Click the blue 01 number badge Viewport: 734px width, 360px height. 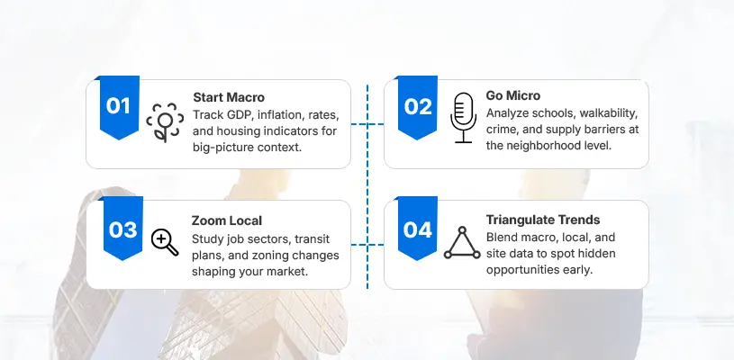118,106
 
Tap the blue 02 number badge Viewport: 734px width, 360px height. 418,106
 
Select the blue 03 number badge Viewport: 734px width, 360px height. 122,229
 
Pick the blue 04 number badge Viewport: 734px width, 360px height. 418,229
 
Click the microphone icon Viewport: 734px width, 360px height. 463,117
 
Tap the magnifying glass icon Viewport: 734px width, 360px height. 165,241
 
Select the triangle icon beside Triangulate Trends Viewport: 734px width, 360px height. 463,241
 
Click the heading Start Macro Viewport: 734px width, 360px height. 229,97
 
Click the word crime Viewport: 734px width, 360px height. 503,130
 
